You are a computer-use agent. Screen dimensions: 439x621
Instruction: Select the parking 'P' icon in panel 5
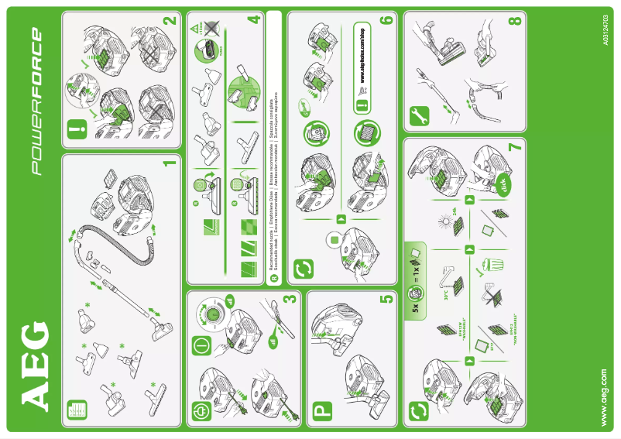coord(323,413)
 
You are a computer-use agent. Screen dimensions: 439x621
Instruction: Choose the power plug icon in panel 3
coord(201,412)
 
